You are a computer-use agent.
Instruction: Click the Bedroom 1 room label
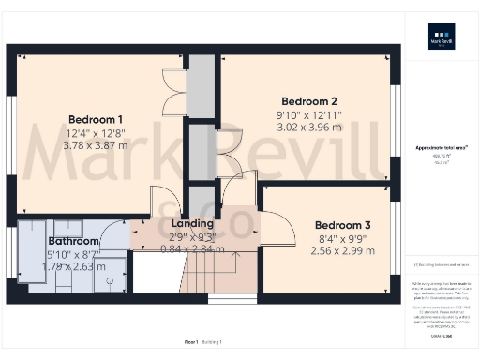tap(96, 119)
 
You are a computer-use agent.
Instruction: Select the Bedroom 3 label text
tap(342, 225)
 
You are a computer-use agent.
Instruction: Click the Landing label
tap(191, 224)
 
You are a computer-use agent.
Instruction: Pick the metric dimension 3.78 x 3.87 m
tap(96, 146)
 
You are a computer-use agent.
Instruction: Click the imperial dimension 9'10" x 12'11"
tap(309, 115)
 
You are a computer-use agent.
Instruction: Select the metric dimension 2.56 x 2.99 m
tap(342, 251)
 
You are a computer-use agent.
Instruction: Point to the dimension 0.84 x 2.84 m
tap(191, 249)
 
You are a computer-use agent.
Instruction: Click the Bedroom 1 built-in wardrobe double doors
tap(172, 91)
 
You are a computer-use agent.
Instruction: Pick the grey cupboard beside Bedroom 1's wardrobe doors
tap(201, 90)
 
